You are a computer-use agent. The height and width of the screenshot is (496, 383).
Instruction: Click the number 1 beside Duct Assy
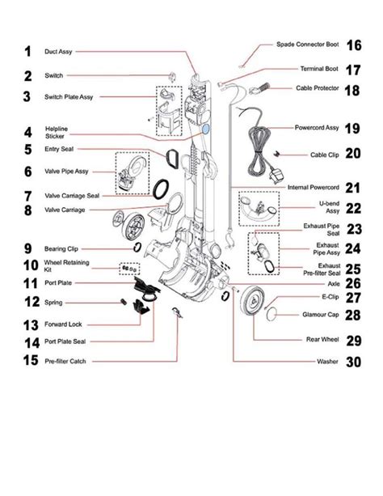[27, 52]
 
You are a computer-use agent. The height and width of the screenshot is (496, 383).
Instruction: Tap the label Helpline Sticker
[59, 134]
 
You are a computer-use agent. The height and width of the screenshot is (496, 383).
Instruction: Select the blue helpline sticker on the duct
[204, 128]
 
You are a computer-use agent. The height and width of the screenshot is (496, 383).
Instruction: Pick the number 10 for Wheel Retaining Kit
[29, 265]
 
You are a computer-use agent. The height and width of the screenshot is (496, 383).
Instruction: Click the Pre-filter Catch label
[65, 361]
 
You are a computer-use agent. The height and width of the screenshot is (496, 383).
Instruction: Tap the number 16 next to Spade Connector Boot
[352, 45]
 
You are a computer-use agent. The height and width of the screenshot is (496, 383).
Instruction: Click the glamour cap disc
[274, 307]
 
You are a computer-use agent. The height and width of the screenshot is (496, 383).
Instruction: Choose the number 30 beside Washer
[353, 362]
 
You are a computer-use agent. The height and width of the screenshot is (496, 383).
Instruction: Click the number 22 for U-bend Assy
[353, 208]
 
